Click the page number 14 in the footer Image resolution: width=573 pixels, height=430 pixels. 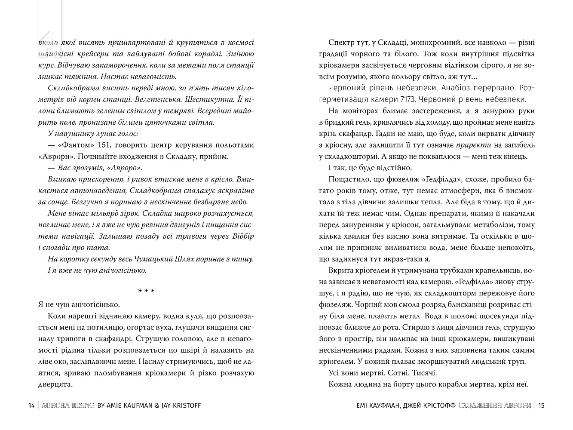pos(31,405)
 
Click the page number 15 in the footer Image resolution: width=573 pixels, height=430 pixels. pos(541,405)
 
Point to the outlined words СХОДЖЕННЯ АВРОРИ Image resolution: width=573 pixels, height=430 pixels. pos(495,405)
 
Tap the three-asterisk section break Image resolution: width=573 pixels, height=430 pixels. pos(146,291)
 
